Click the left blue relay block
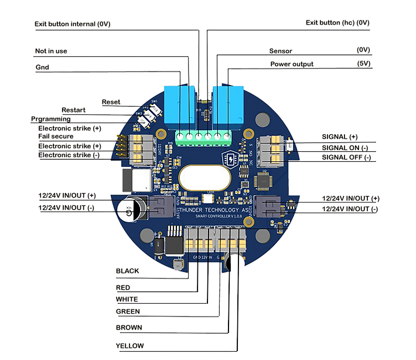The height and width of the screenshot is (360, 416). click(181, 105)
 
